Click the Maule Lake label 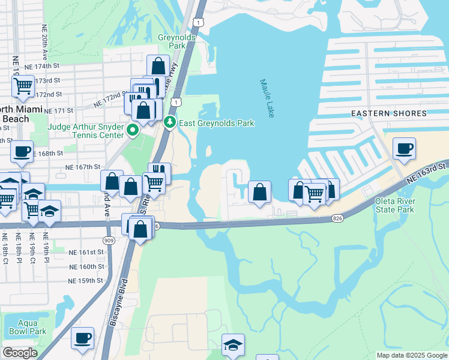pyautogui.click(x=267, y=98)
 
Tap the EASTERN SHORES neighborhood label pyautogui.click(x=388, y=113)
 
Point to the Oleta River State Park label pyautogui.click(x=394, y=205)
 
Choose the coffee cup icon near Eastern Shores pyautogui.click(x=404, y=148)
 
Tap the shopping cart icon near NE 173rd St pyautogui.click(x=23, y=85)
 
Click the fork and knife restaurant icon pyautogui.click(x=160, y=172)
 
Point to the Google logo pyautogui.click(x=20, y=353)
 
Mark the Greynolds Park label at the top pyautogui.click(x=172, y=41)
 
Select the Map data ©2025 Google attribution pyautogui.click(x=411, y=355)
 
